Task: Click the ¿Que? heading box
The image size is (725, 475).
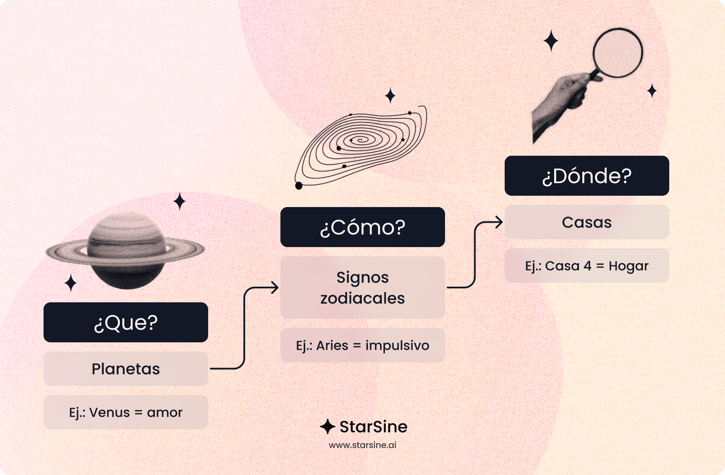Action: pyautogui.click(x=126, y=322)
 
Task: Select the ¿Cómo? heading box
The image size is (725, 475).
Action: pyautogui.click(x=362, y=227)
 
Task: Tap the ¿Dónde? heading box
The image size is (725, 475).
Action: pyautogui.click(x=587, y=176)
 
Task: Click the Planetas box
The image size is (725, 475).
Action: pyautogui.click(x=126, y=369)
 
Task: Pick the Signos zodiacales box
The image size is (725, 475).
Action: pyautogui.click(x=362, y=288)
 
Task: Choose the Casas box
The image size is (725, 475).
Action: pyautogui.click(x=587, y=222)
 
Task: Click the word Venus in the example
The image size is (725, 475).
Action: pyautogui.click(x=109, y=412)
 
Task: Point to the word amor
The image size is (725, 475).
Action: pyautogui.click(x=165, y=412)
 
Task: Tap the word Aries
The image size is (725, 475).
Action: pyautogui.click(x=332, y=345)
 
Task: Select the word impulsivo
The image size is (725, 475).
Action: pyautogui.click(x=397, y=345)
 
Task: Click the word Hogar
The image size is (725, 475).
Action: pyautogui.click(x=628, y=266)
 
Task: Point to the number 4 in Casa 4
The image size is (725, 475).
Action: pyautogui.click(x=587, y=266)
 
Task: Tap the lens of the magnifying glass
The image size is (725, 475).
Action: pyautogui.click(x=617, y=53)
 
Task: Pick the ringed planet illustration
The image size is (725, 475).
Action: pyautogui.click(x=126, y=251)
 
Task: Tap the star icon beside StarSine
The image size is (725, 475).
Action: pyautogui.click(x=327, y=427)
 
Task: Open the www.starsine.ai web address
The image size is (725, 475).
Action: pyautogui.click(x=362, y=445)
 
